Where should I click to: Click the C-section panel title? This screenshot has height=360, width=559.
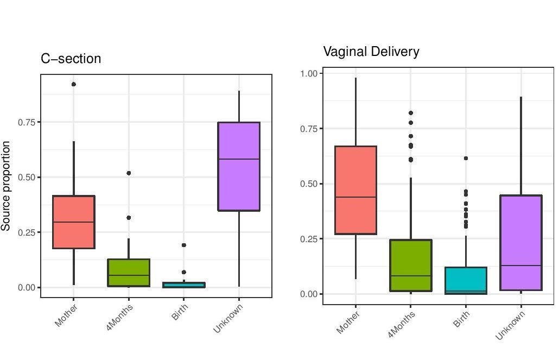tap(71, 59)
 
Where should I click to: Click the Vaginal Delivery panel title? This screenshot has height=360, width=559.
tap(371, 52)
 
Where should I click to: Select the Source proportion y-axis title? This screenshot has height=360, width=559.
tap(6, 186)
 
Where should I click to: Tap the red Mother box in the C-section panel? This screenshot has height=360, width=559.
tap(74, 222)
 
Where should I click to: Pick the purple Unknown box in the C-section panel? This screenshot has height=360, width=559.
tap(239, 166)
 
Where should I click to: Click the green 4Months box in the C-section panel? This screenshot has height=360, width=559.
tap(129, 273)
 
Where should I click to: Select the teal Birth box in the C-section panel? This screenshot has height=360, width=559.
tap(184, 285)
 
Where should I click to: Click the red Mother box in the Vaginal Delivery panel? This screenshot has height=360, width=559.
tap(356, 190)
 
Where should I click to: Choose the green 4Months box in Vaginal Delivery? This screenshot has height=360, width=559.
tap(411, 265)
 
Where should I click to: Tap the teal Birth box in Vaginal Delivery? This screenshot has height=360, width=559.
tap(466, 280)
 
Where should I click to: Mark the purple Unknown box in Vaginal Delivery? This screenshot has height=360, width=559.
tap(521, 242)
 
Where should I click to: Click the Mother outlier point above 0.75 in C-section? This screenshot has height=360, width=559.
tap(74, 84)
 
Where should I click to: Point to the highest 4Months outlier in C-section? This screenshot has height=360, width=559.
tap(129, 173)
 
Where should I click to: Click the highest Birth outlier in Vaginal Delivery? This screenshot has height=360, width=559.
tap(466, 158)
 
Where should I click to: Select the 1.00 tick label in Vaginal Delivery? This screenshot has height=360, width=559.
tap(312, 73)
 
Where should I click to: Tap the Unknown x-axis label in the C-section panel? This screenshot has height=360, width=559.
tap(228, 318)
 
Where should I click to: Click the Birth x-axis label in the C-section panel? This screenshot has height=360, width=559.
tap(180, 312)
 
